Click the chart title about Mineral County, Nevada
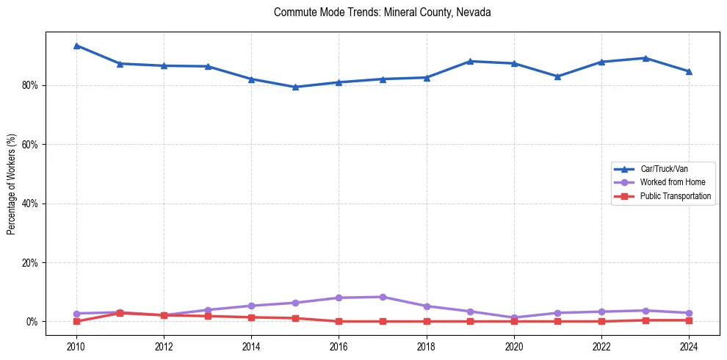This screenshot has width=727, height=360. pyautogui.click(x=382, y=12)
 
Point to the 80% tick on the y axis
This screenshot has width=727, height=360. pyautogui.click(x=30, y=85)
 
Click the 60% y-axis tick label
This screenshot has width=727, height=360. pyautogui.click(x=30, y=145)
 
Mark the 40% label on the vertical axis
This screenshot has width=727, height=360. pyautogui.click(x=30, y=204)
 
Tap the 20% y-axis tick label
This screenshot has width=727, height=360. pyautogui.click(x=30, y=262)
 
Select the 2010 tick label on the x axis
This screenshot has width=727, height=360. pyautogui.click(x=76, y=345)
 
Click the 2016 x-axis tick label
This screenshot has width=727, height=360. pyautogui.click(x=339, y=345)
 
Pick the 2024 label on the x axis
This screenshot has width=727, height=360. pyautogui.click(x=689, y=345)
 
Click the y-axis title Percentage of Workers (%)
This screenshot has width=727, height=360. pyautogui.click(x=12, y=184)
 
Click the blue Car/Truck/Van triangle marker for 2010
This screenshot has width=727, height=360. pyautogui.click(x=76, y=46)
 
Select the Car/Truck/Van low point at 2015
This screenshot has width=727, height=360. pyautogui.click(x=295, y=87)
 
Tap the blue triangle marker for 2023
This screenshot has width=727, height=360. pyautogui.click(x=645, y=58)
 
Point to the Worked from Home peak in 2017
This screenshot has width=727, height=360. pyautogui.click(x=383, y=297)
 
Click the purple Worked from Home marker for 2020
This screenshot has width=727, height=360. pyautogui.click(x=514, y=317)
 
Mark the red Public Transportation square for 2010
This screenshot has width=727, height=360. pyautogui.click(x=76, y=321)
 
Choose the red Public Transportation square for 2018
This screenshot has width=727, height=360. pyautogui.click(x=427, y=321)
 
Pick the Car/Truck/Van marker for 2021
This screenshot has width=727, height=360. pyautogui.click(x=558, y=76)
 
